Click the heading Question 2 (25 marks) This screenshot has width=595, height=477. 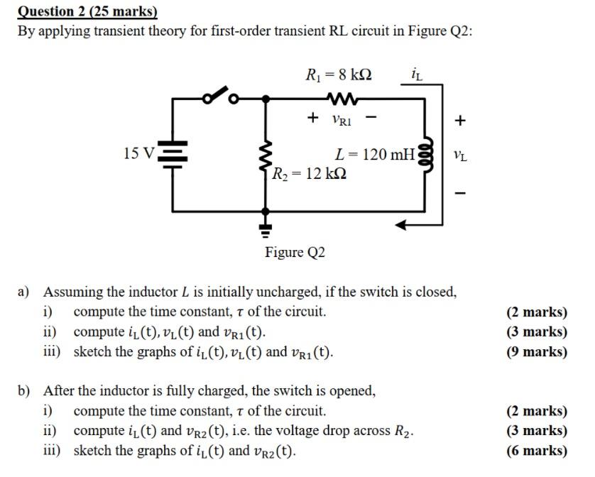click(x=87, y=11)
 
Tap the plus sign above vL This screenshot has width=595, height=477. click(x=460, y=121)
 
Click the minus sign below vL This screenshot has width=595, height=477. click(x=460, y=192)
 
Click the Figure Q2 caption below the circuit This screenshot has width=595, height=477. click(x=295, y=252)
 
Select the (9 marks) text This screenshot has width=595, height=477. click(x=536, y=351)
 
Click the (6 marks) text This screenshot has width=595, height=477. click(x=536, y=450)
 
